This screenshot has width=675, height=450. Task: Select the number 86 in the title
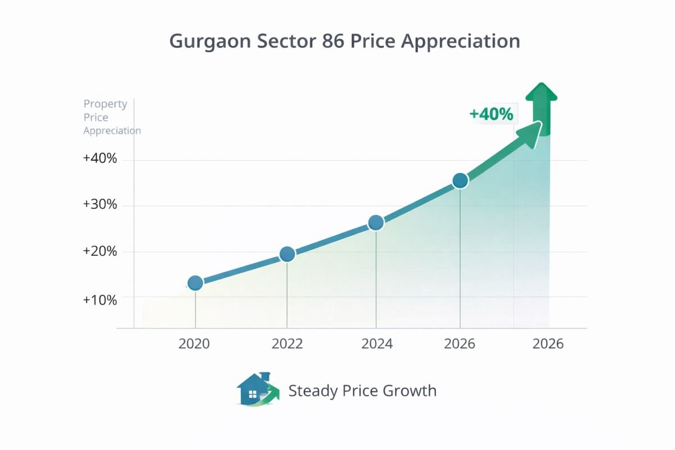click(324, 42)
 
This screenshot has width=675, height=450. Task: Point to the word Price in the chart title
click(369, 42)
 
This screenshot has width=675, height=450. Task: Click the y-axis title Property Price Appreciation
click(111, 117)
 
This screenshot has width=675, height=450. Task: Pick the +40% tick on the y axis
click(100, 159)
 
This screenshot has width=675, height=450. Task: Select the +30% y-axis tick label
click(100, 205)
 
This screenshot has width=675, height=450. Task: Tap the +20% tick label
click(100, 251)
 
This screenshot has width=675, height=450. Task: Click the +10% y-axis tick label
click(100, 300)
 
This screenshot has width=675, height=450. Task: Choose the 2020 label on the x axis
click(194, 344)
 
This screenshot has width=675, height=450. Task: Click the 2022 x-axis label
click(287, 344)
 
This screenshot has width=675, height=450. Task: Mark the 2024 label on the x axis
click(377, 344)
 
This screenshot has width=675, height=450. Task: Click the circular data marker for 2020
click(195, 283)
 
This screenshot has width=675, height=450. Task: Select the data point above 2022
click(287, 254)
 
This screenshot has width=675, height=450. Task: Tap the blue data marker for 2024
click(376, 223)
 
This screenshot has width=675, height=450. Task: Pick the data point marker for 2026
click(460, 181)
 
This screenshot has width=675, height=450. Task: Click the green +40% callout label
click(491, 114)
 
